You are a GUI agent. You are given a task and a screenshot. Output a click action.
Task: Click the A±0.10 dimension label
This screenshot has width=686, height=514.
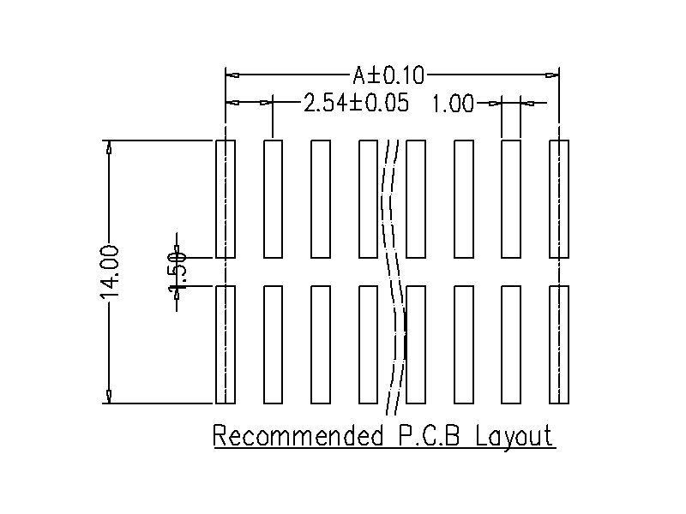pos(388,76)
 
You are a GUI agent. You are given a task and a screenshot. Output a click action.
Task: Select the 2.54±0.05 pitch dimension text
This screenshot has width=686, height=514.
pos(355,105)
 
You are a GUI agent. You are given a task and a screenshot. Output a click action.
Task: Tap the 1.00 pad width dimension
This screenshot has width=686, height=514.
pos(452,105)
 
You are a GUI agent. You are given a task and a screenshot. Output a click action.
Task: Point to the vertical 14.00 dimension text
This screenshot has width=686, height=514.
pos(111,272)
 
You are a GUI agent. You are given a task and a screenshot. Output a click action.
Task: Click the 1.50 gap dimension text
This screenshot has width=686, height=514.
pos(178,271)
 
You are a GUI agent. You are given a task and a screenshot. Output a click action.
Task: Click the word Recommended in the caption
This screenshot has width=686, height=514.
pos(297,436)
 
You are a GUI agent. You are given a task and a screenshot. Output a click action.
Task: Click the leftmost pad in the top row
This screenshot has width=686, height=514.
pos(226,199)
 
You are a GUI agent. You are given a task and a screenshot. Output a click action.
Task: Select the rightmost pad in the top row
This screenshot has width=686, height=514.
pos(558,199)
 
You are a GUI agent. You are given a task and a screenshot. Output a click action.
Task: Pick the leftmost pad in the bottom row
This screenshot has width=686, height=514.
pos(226,344)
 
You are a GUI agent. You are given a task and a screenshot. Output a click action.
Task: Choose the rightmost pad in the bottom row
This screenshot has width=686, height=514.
pos(558,344)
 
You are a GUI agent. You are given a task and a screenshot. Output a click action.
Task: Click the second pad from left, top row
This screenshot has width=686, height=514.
pos(274,199)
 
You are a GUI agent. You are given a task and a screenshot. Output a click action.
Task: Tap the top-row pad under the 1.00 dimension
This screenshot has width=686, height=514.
pos(511,199)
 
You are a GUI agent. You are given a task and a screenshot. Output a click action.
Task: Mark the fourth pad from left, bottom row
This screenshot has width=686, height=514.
pos(369,344)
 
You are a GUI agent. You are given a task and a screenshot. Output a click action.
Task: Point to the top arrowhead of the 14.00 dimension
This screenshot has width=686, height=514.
pos(108,146)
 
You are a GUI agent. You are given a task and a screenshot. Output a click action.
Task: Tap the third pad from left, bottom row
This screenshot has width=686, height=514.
pos(321,344)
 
